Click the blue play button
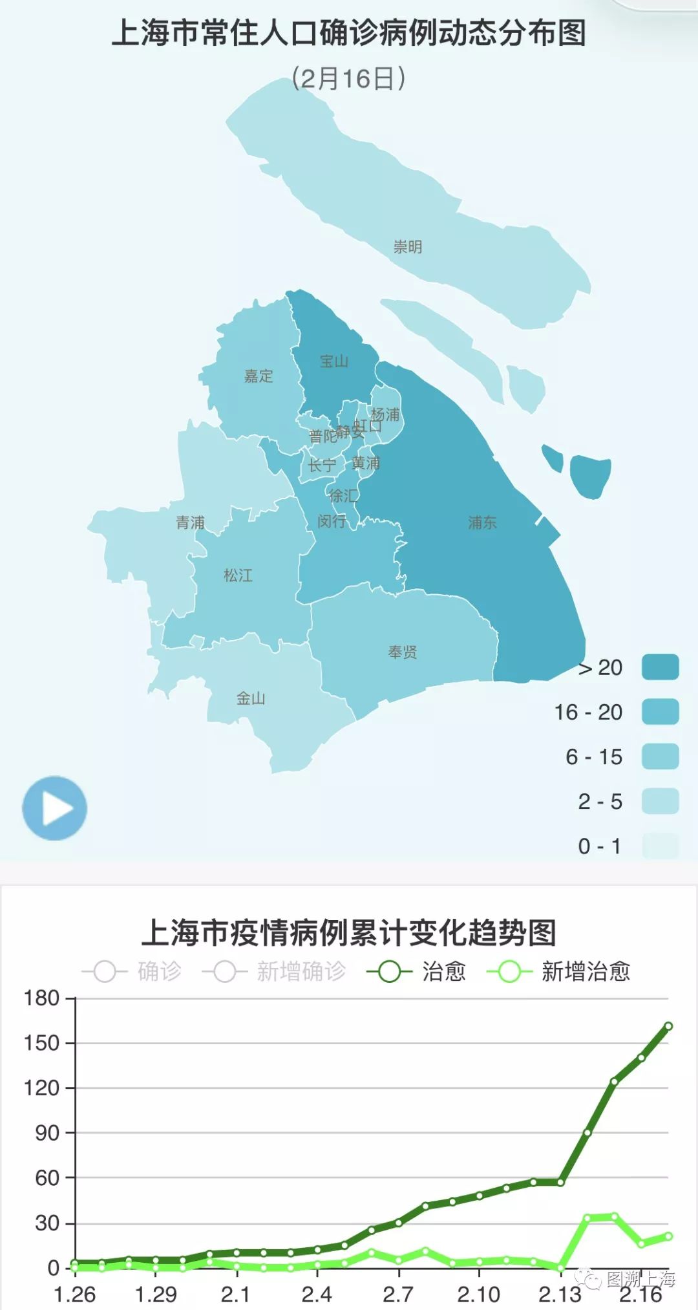[54, 808]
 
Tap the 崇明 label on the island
[408, 247]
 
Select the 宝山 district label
[334, 361]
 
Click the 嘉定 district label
[259, 376]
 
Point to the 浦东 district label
[482, 522]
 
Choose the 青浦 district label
[190, 522]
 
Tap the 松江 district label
[238, 575]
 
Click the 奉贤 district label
[402, 652]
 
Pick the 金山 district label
[250, 698]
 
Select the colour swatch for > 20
[660, 667]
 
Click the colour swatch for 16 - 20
[660, 711]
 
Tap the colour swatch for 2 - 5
[660, 801]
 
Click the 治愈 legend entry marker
[390, 971]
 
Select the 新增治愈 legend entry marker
[509, 971]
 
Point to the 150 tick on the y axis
[41, 1043]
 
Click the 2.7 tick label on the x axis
[398, 1294]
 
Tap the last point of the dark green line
[668, 1026]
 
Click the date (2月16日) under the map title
[349, 78]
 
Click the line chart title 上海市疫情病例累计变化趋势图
[349, 933]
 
